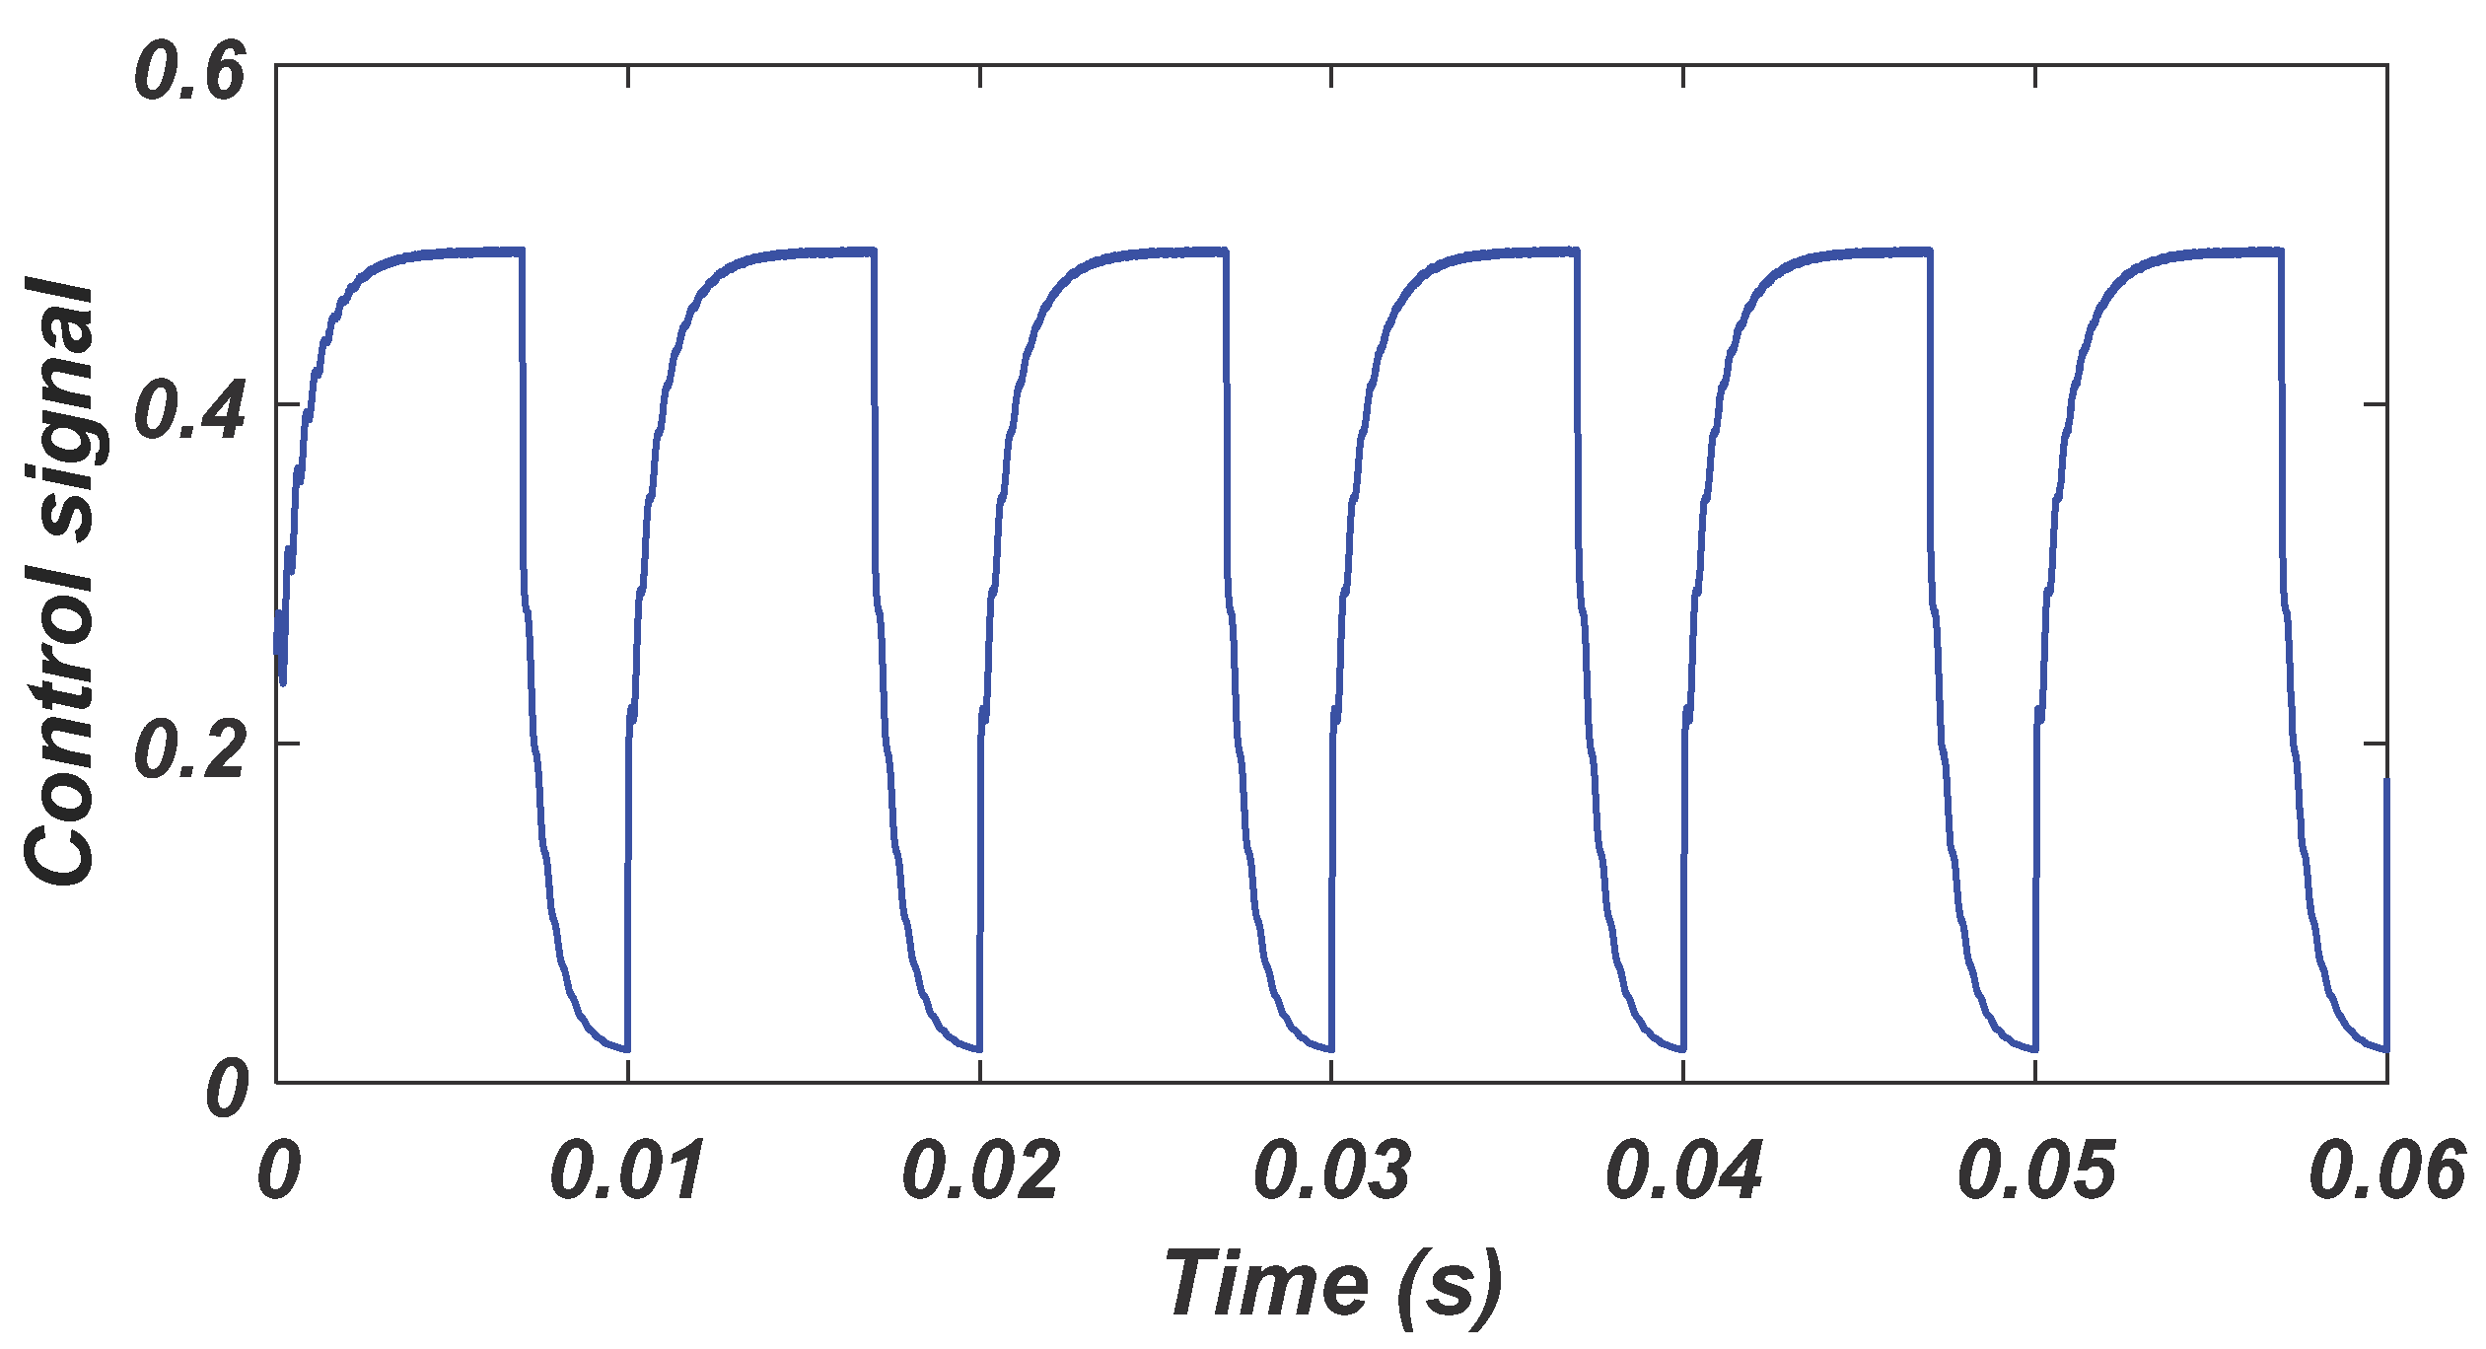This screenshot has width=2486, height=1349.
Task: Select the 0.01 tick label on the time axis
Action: (628, 1171)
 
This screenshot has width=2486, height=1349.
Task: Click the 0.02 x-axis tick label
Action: (980, 1171)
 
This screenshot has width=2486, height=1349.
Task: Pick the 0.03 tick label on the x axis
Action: (1331, 1171)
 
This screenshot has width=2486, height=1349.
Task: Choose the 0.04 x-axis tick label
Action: (1683, 1171)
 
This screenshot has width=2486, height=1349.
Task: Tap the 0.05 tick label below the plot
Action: (2035, 1171)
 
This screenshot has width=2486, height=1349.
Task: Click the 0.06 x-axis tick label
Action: (2386, 1171)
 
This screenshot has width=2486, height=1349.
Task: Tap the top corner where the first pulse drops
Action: (521, 252)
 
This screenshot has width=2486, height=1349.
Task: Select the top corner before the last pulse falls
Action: (2281, 252)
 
